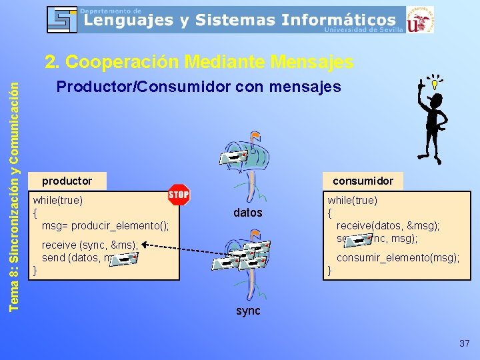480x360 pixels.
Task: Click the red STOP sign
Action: point(179,195)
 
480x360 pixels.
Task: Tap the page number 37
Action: point(465,343)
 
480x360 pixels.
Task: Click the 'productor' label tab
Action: point(67,181)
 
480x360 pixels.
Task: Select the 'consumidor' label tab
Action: point(363,181)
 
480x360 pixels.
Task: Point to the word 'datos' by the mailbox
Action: point(248,213)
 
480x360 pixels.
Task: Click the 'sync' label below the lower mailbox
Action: point(248,311)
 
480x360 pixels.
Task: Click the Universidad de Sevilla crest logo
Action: point(420,19)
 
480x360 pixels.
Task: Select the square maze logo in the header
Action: point(62,19)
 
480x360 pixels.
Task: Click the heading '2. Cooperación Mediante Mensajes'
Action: point(199,62)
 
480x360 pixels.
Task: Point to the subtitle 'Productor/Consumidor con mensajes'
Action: point(199,87)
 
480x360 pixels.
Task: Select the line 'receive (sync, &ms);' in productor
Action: point(89,245)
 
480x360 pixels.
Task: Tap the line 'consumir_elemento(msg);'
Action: point(397,258)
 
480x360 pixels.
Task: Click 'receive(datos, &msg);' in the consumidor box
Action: point(388,226)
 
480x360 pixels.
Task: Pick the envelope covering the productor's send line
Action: point(124,257)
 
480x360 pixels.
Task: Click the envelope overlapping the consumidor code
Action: point(361,239)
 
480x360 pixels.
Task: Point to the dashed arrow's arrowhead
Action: point(144,245)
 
